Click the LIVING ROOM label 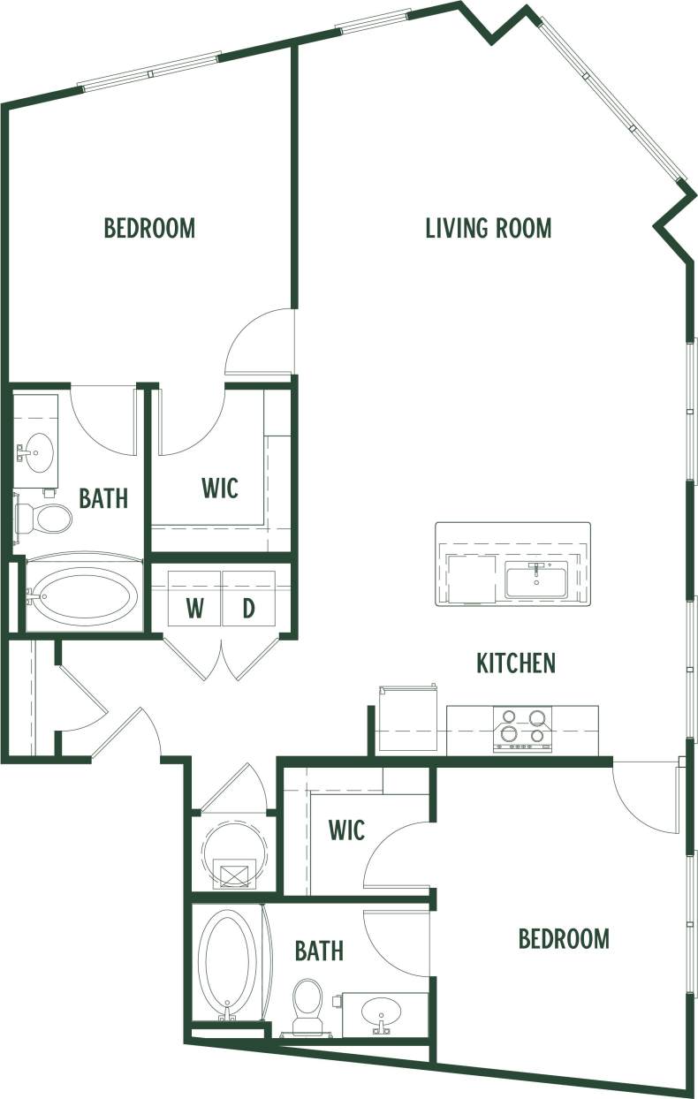tap(488, 228)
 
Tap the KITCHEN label tap(516, 663)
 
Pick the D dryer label tap(248, 609)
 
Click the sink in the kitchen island tap(535, 581)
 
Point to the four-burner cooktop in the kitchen tap(522, 730)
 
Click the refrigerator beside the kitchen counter tap(408, 720)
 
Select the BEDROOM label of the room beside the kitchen tap(564, 938)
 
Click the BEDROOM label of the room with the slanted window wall tap(149, 228)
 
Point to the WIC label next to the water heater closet tap(346, 830)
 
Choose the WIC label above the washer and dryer tap(220, 488)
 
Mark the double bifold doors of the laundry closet tap(221, 658)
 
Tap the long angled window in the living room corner tap(613, 97)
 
